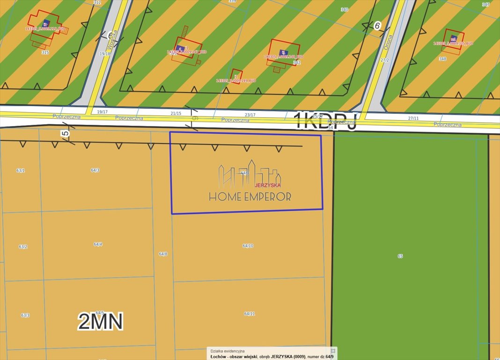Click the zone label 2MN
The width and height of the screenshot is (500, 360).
click(100, 322)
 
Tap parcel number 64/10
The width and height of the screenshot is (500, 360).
click(248, 246)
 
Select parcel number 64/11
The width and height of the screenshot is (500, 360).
click(250, 314)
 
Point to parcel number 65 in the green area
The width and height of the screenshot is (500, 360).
click(400, 256)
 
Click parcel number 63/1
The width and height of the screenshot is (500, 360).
click(21, 171)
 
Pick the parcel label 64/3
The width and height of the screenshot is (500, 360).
click(95, 170)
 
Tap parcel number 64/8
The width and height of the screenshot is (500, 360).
click(163, 254)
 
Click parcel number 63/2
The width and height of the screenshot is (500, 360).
click(23, 247)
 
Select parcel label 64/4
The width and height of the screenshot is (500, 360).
click(98, 244)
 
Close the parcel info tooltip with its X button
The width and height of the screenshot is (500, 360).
click(333, 351)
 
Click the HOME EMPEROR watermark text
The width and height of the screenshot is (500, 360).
click(250, 197)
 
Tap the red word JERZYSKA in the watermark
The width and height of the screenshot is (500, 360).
click(267, 185)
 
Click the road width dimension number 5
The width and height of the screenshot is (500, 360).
click(66, 134)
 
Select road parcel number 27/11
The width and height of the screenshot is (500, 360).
click(413, 119)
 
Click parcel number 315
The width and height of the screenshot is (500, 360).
click(45, 52)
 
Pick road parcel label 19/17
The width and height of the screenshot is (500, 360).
click(102, 112)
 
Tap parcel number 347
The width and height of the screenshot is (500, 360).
click(486, 4)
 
